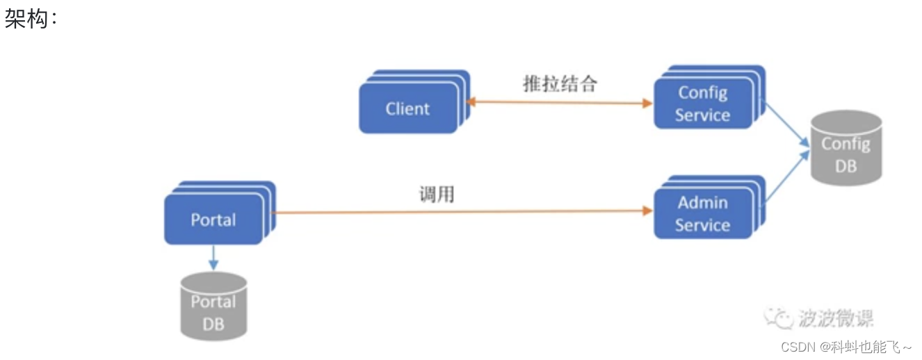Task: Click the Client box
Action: pos(408,109)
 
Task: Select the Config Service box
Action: pos(703,104)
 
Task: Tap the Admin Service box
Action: pos(703,214)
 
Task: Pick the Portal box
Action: pos(213,220)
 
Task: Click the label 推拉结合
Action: pos(560,84)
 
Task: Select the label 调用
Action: pos(437,195)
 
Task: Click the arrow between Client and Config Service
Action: pos(560,103)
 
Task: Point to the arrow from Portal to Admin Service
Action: pos(459,211)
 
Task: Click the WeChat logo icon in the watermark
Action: pos(778,318)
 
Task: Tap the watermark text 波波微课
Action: pos(835,318)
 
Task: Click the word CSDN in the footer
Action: pos(798,347)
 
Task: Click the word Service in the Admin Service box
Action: pos(703,225)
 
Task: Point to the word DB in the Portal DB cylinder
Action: pos(213,324)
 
